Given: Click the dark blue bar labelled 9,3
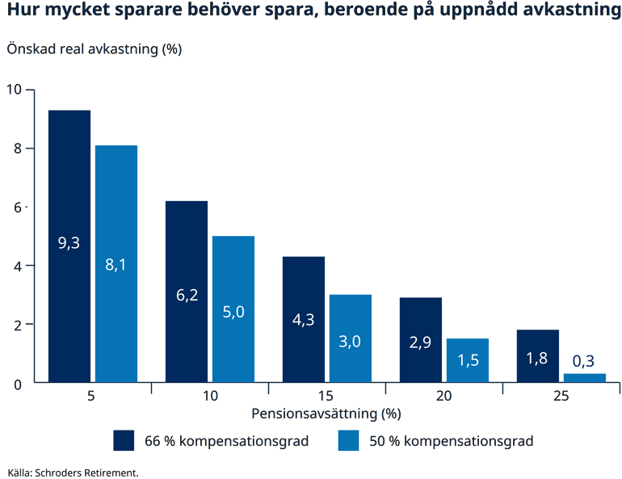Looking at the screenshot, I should (69, 246).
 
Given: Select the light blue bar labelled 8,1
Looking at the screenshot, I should (116, 263).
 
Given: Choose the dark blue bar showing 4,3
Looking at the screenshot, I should (304, 319).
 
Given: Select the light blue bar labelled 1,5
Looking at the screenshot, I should (468, 359).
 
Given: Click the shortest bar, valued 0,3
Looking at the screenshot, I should (585, 378).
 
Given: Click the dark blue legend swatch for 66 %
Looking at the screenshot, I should (123, 440).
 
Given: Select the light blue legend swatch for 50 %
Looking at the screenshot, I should (348, 440).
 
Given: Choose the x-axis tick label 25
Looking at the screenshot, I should (561, 397).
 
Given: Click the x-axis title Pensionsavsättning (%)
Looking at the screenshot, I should (326, 414).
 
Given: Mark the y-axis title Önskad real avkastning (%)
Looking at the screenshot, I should (94, 48).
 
